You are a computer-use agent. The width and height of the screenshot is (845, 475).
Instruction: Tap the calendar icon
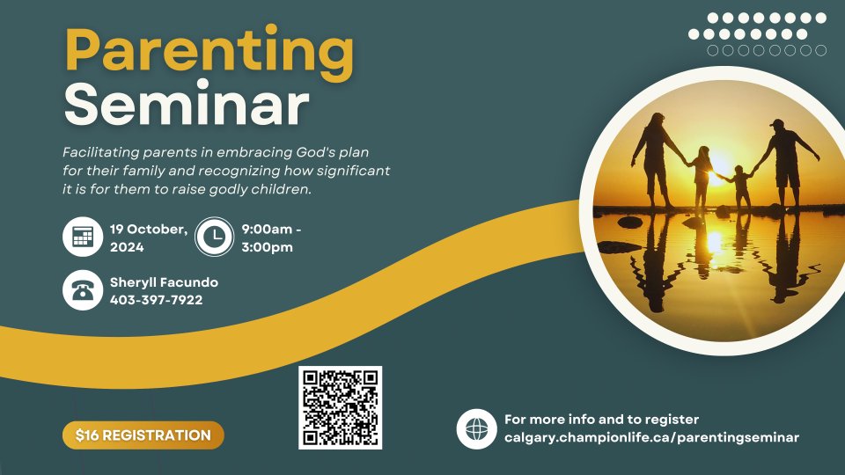pyautogui.click(x=83, y=237)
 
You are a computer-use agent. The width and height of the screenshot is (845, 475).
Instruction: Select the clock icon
pyautogui.click(x=215, y=237)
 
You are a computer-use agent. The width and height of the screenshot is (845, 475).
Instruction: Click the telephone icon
pyautogui.click(x=83, y=290)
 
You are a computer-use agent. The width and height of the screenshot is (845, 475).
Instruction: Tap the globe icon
pyautogui.click(x=476, y=429)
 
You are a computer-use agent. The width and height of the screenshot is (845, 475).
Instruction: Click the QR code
pyautogui.click(x=340, y=407)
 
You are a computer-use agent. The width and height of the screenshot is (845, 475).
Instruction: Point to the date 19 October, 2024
pyautogui.click(x=149, y=238)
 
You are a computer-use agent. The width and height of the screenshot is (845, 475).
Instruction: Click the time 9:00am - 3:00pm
pyautogui.click(x=271, y=238)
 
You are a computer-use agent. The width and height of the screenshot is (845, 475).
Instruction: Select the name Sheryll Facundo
pyautogui.click(x=164, y=282)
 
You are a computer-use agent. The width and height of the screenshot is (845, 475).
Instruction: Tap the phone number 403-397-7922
pyautogui.click(x=157, y=300)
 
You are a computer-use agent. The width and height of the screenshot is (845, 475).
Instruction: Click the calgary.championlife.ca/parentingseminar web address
pyautogui.click(x=651, y=438)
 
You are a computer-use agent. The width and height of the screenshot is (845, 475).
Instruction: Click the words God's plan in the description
pyautogui.click(x=333, y=152)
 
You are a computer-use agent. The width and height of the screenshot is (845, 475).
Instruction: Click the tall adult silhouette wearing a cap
pyautogui.click(x=784, y=164)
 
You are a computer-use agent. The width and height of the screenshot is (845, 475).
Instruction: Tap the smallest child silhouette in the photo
pyautogui.click(x=741, y=188)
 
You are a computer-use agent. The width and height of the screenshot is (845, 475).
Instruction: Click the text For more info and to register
pyautogui.click(x=601, y=420)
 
